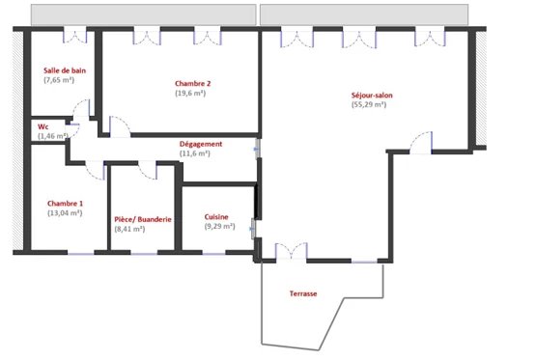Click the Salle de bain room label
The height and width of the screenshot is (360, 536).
65,70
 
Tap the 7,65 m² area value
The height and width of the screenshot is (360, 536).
59,80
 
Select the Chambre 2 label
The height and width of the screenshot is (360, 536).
193,83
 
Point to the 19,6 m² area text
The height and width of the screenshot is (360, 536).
190,93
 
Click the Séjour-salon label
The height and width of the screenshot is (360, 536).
372,95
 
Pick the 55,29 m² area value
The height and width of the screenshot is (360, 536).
369,104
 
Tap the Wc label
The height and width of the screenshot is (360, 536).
42,126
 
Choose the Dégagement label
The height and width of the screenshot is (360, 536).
201,144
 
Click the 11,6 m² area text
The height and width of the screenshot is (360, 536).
195,153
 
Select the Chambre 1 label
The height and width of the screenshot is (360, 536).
65,204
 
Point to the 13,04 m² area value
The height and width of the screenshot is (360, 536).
65,213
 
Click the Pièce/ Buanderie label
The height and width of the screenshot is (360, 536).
143,219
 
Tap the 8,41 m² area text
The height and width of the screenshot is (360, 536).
130,229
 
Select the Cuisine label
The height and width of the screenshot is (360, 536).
216,217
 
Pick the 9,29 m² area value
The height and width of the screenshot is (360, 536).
220,226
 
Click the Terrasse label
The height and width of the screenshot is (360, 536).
303,293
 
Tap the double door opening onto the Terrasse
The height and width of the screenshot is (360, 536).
292,251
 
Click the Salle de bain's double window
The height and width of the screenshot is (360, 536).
75,37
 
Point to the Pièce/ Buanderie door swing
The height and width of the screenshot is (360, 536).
148,171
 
